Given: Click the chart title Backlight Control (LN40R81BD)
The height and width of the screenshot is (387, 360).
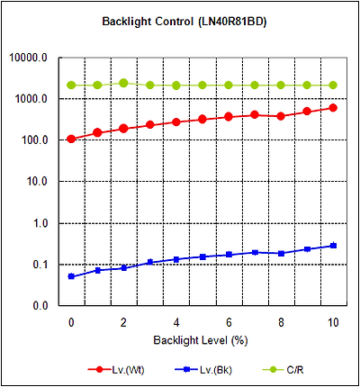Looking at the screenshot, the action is (184, 22).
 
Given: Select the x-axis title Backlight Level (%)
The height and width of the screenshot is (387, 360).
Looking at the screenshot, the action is (201, 340).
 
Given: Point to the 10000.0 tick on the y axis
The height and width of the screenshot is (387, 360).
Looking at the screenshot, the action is (28, 58).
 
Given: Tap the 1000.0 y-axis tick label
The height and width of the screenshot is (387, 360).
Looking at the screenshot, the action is (31, 99).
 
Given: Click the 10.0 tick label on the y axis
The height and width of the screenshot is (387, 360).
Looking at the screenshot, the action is (37, 182).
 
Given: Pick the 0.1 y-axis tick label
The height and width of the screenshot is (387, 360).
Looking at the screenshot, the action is (40, 265).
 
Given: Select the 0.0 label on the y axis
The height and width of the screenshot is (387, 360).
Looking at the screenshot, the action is (40, 306).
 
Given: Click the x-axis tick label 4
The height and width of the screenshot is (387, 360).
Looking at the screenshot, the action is (176, 323).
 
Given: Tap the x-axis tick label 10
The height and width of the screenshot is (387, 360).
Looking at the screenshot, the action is (333, 323).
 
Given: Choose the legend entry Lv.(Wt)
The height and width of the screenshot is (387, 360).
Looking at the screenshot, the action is (116, 370).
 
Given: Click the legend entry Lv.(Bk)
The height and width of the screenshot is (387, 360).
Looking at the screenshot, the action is (203, 370).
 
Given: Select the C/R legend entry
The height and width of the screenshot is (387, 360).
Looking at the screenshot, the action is (283, 370).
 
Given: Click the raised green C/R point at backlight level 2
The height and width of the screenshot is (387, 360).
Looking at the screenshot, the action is (123, 83).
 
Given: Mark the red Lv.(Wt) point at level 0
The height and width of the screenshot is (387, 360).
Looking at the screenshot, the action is (71, 139).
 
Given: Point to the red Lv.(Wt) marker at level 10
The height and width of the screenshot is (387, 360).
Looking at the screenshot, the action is (333, 108).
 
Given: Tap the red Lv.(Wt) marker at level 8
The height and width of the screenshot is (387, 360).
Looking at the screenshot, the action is (281, 116).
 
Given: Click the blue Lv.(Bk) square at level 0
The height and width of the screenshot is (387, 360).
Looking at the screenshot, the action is (71, 276).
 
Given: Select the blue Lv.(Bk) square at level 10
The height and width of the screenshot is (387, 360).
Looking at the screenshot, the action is (333, 246).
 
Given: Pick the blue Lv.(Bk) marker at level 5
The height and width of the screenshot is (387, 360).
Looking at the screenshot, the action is (202, 256).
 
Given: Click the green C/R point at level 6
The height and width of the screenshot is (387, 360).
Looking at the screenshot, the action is (229, 85).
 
